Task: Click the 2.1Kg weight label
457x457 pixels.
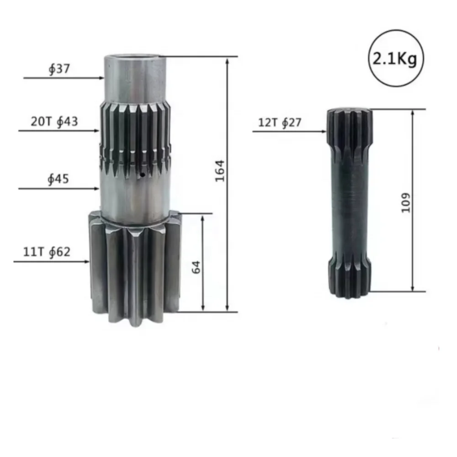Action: (x=395, y=59)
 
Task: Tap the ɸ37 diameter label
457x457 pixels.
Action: (x=59, y=69)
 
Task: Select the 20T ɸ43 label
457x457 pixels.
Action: (x=54, y=122)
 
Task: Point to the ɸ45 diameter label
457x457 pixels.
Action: (x=58, y=179)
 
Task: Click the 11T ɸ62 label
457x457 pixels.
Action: (x=47, y=252)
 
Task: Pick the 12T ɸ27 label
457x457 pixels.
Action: (x=280, y=122)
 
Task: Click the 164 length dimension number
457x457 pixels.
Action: (x=220, y=171)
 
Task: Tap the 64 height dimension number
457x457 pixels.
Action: (x=196, y=267)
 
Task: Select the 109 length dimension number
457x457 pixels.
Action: (x=405, y=202)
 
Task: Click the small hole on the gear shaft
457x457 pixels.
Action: (x=142, y=175)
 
